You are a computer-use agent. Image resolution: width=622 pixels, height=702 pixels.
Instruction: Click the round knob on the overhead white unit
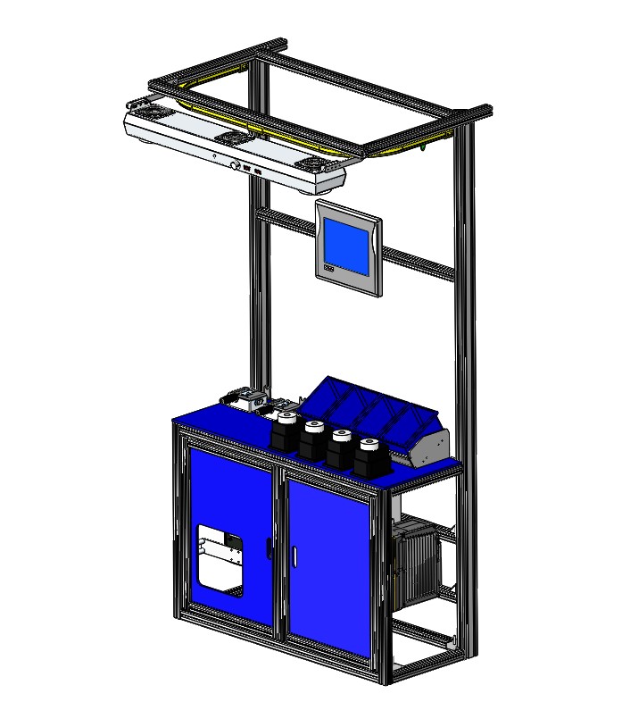click(x=236, y=165)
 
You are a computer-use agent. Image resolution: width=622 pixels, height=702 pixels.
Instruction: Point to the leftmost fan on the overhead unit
click(x=148, y=110)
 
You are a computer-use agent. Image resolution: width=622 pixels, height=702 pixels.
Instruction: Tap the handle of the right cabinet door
click(x=294, y=553)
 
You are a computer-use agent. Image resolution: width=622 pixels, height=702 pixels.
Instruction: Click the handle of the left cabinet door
click(x=269, y=547)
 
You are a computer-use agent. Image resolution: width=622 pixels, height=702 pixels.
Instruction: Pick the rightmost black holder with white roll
click(x=367, y=455)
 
